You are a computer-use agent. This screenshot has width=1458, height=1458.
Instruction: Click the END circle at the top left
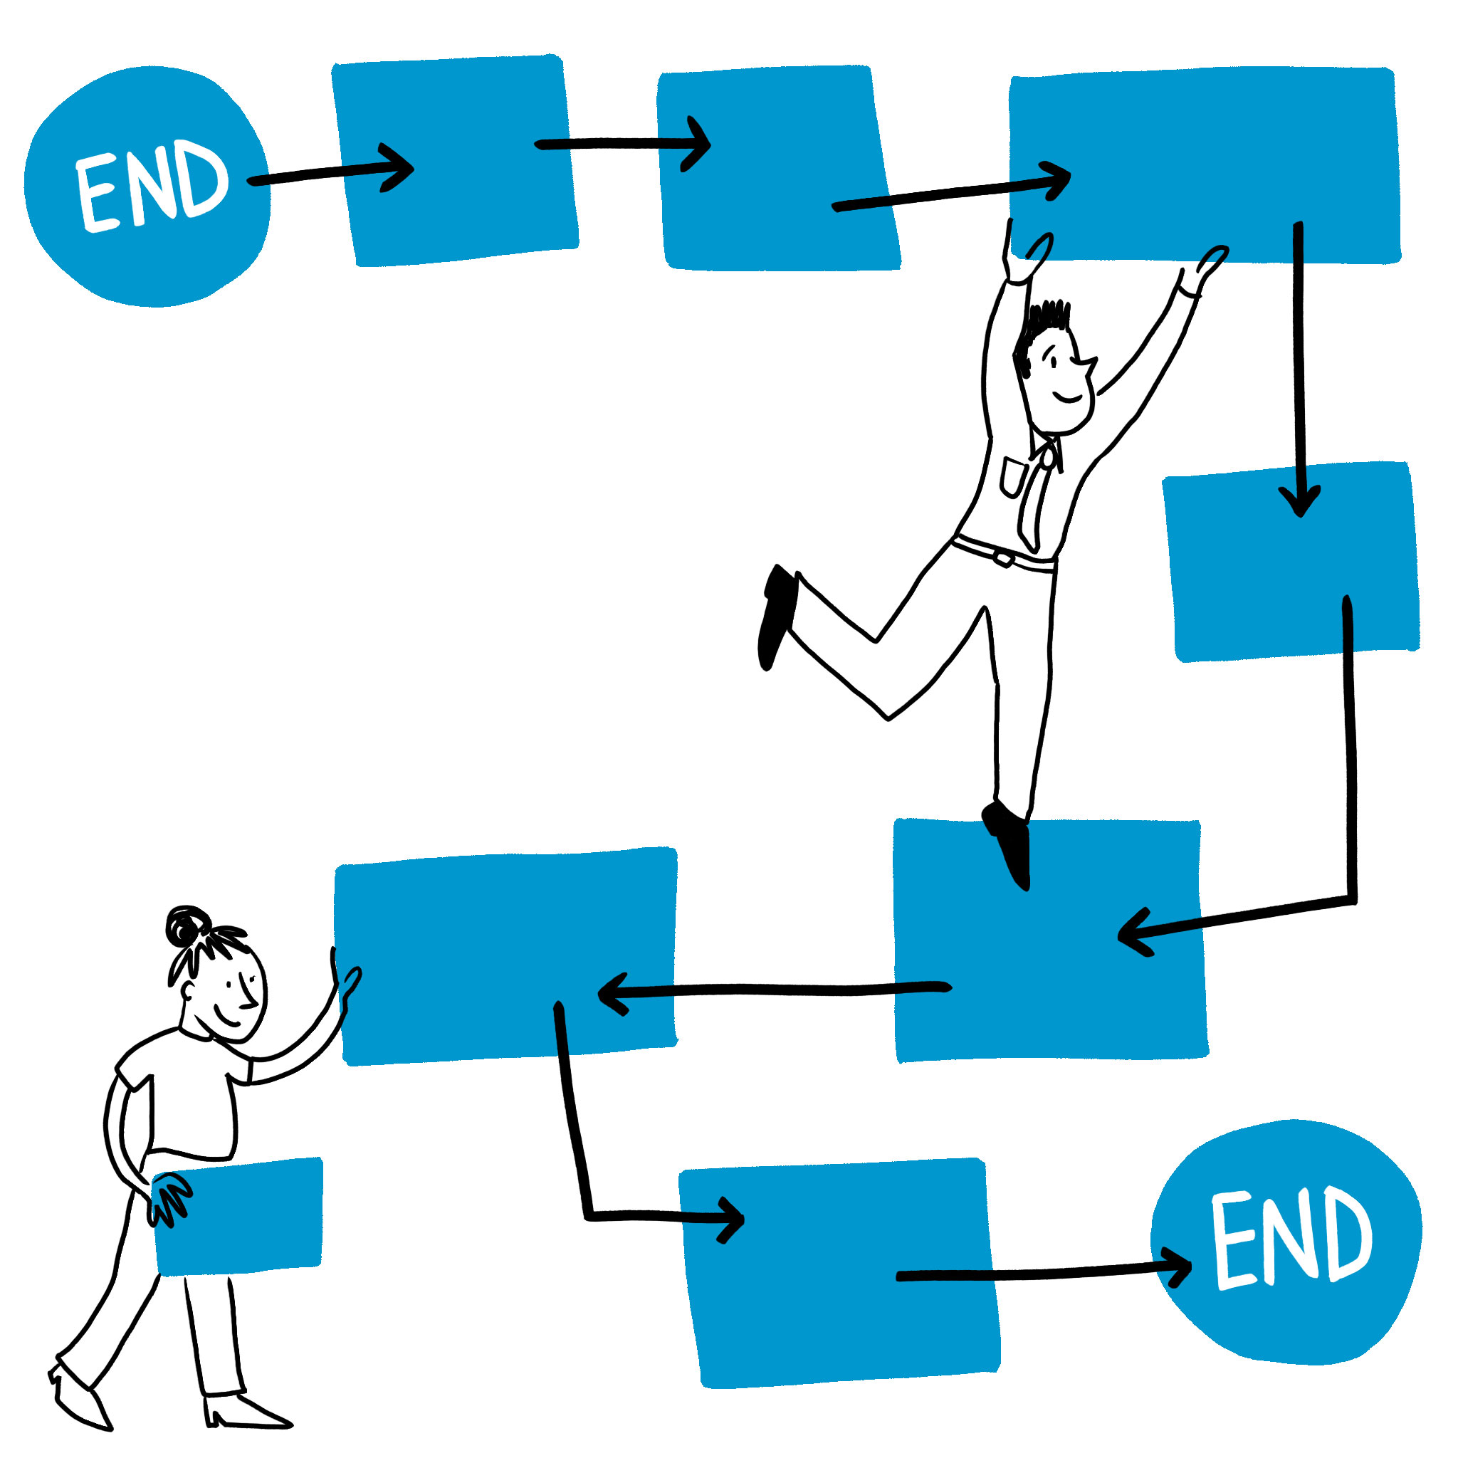pos(147,187)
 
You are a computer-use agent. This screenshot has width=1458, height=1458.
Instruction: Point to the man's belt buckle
pos(1005,558)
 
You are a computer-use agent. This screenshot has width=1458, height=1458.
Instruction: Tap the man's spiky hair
pos(1045,321)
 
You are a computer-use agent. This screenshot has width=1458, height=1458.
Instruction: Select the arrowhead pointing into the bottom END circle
pos(1178,1266)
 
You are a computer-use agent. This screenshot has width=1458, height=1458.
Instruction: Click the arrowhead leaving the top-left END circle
pos(400,167)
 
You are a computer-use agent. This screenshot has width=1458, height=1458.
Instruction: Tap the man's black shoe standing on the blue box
pos(1009,841)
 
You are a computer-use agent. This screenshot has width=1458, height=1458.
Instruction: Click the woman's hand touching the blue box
pos(347,985)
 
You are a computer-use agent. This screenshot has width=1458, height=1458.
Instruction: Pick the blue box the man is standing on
pos(1049,943)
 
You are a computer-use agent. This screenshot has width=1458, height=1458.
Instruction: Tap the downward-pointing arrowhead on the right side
pos(1299,502)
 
